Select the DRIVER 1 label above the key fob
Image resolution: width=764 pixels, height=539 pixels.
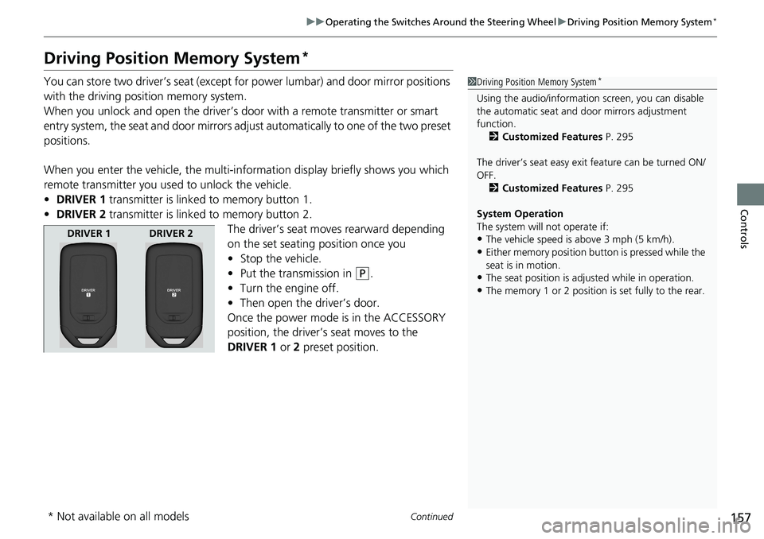click(88, 234)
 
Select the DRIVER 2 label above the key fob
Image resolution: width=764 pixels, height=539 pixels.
click(171, 234)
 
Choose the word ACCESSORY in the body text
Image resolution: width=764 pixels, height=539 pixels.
click(403, 318)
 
